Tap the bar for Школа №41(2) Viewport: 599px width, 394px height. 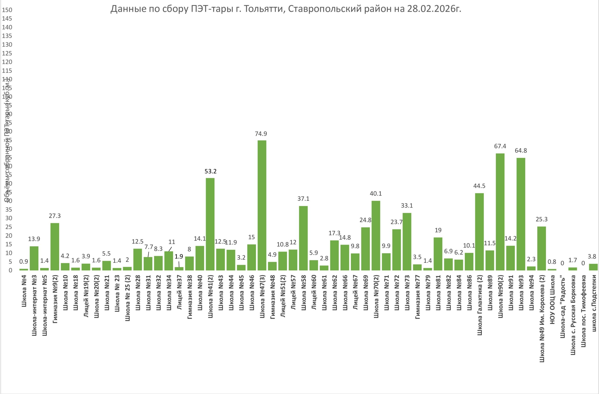coord(210,224)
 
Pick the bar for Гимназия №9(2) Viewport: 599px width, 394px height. coord(55,246)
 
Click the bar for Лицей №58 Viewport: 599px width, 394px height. coord(303,238)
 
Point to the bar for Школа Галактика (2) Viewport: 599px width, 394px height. coord(479,231)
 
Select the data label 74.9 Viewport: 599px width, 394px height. coord(261,134)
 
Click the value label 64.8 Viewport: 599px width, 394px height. coord(521,150)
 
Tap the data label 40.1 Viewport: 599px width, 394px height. coord(376,193)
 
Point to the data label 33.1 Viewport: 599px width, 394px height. coord(407,206)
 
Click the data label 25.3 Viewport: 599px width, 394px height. coord(541,219)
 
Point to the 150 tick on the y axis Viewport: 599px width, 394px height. coord(7,10)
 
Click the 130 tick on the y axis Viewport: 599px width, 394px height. coord(7,44)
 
